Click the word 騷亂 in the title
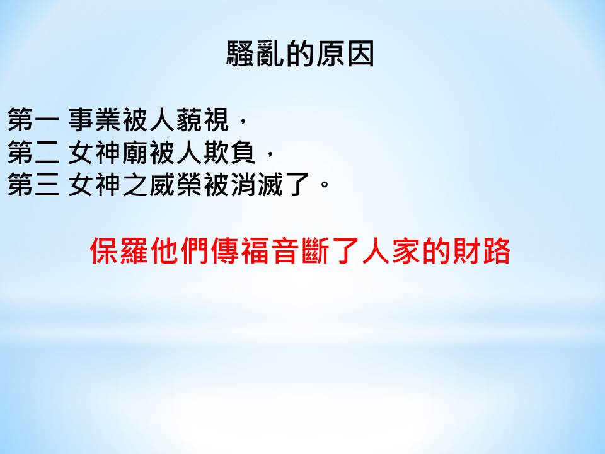[255, 54]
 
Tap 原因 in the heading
[345, 54]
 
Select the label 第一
[33, 120]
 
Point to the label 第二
[33, 153]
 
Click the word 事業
[95, 120]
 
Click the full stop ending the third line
[325, 184]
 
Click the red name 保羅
[119, 252]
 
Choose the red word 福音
[270, 252]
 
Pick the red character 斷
[315, 252]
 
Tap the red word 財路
[481, 252]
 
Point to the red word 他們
[180, 252]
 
